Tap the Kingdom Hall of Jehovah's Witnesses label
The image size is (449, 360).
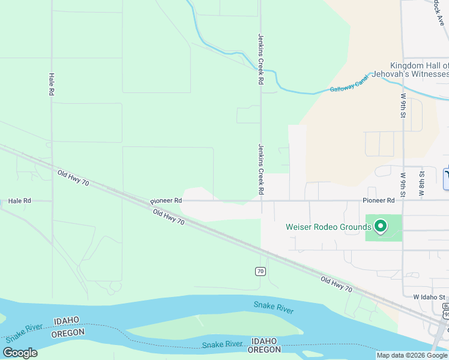[419, 70]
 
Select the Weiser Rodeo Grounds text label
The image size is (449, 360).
[328, 227]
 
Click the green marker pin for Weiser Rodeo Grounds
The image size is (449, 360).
[379, 226]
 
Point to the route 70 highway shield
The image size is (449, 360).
[260, 271]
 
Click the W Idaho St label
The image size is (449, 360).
[429, 297]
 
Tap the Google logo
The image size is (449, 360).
[20, 353]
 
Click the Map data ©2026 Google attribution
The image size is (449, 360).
[412, 355]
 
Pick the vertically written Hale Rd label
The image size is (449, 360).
[51, 85]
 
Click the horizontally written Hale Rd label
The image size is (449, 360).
[19, 201]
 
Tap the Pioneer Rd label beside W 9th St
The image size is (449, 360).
[379, 200]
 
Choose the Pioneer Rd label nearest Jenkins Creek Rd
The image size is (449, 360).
[166, 201]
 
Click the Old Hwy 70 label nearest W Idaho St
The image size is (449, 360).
[336, 284]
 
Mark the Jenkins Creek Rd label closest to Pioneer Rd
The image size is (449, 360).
[261, 169]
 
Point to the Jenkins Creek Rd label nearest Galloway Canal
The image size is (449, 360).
[261, 58]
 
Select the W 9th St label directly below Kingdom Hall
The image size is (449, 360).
[403, 104]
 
